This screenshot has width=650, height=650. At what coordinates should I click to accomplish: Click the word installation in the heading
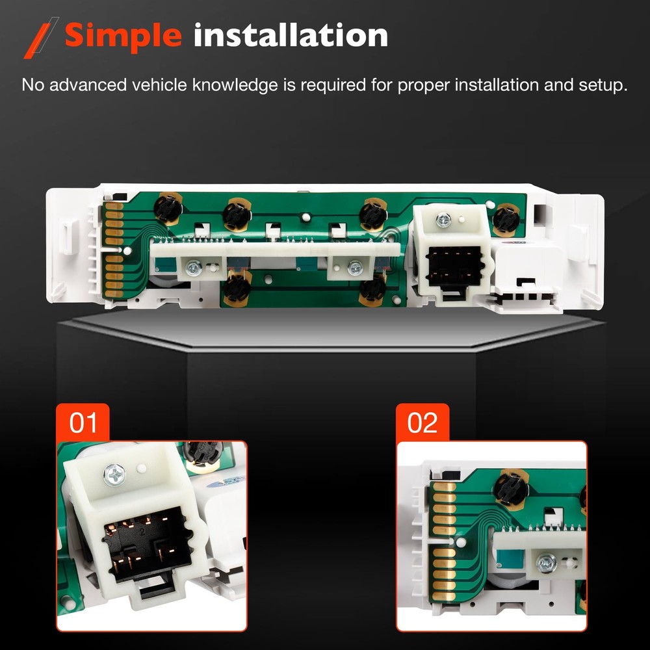291,35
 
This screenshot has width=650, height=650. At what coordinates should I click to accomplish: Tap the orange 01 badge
83,423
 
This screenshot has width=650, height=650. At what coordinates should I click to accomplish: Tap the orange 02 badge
422,423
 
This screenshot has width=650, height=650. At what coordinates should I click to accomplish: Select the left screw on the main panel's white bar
194,266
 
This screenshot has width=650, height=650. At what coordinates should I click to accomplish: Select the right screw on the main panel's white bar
355,266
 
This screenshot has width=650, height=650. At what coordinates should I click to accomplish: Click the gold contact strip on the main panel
114,250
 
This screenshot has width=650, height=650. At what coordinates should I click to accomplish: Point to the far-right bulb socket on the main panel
505,221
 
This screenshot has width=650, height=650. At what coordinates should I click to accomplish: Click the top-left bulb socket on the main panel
166,209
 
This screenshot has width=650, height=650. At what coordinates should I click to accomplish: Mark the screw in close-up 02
547,560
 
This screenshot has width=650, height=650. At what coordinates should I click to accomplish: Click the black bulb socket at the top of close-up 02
512,488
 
